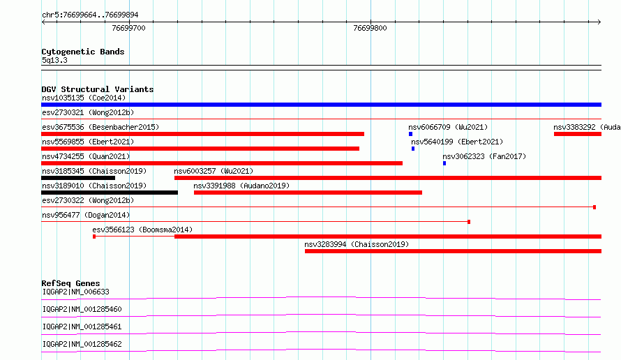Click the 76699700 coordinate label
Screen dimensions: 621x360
[x=128, y=28]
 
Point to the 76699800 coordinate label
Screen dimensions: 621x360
[x=370, y=28]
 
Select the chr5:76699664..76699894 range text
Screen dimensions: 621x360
[x=90, y=15]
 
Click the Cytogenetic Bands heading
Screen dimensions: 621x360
[x=83, y=52]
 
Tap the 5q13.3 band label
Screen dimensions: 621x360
[x=54, y=60]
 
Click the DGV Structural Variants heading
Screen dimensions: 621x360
[x=98, y=89]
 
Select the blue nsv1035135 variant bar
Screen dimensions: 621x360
[x=321, y=105]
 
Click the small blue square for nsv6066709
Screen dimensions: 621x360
[x=411, y=134]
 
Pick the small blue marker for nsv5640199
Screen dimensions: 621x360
[x=413, y=149]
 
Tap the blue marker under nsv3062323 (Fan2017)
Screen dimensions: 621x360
[x=444, y=163]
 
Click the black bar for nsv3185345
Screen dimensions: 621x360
[x=78, y=178]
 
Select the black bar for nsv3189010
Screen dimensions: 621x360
[x=110, y=193]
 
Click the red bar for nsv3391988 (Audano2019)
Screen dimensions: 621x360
[x=308, y=193]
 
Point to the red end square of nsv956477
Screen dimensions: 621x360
[x=469, y=222]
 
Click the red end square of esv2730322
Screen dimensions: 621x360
[x=594, y=207]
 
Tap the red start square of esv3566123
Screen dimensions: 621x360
[x=94, y=237]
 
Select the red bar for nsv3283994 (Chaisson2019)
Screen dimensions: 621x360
[x=453, y=251]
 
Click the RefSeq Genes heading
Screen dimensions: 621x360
[x=71, y=283]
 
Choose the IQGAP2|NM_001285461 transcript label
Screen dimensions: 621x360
[x=82, y=327]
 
